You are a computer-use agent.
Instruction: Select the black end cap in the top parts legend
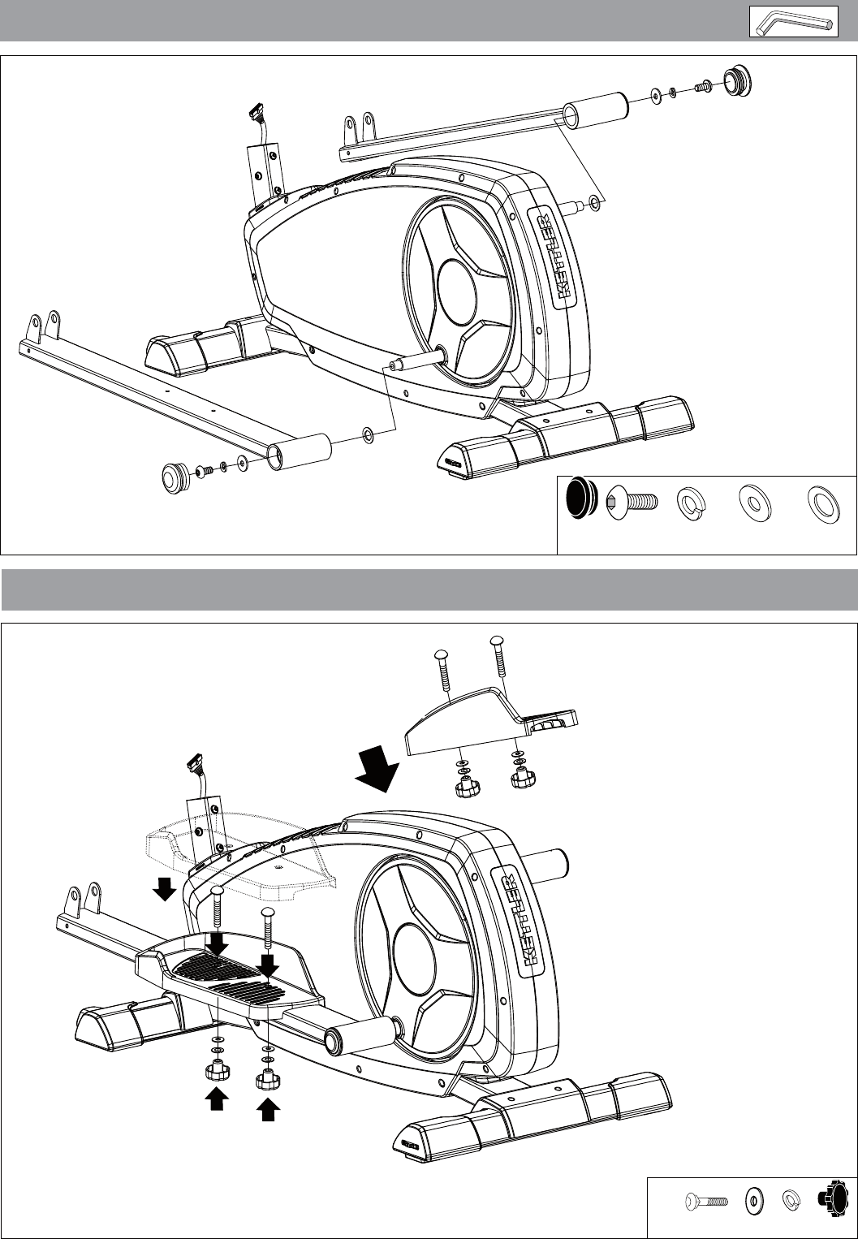[x=582, y=499]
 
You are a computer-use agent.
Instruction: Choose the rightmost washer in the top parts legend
[x=823, y=503]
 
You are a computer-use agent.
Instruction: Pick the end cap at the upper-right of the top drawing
[x=738, y=81]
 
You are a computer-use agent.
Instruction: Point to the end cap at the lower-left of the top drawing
[x=176, y=478]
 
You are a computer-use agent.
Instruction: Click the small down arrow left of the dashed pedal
[x=164, y=889]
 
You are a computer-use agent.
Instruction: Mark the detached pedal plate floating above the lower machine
[x=491, y=721]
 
